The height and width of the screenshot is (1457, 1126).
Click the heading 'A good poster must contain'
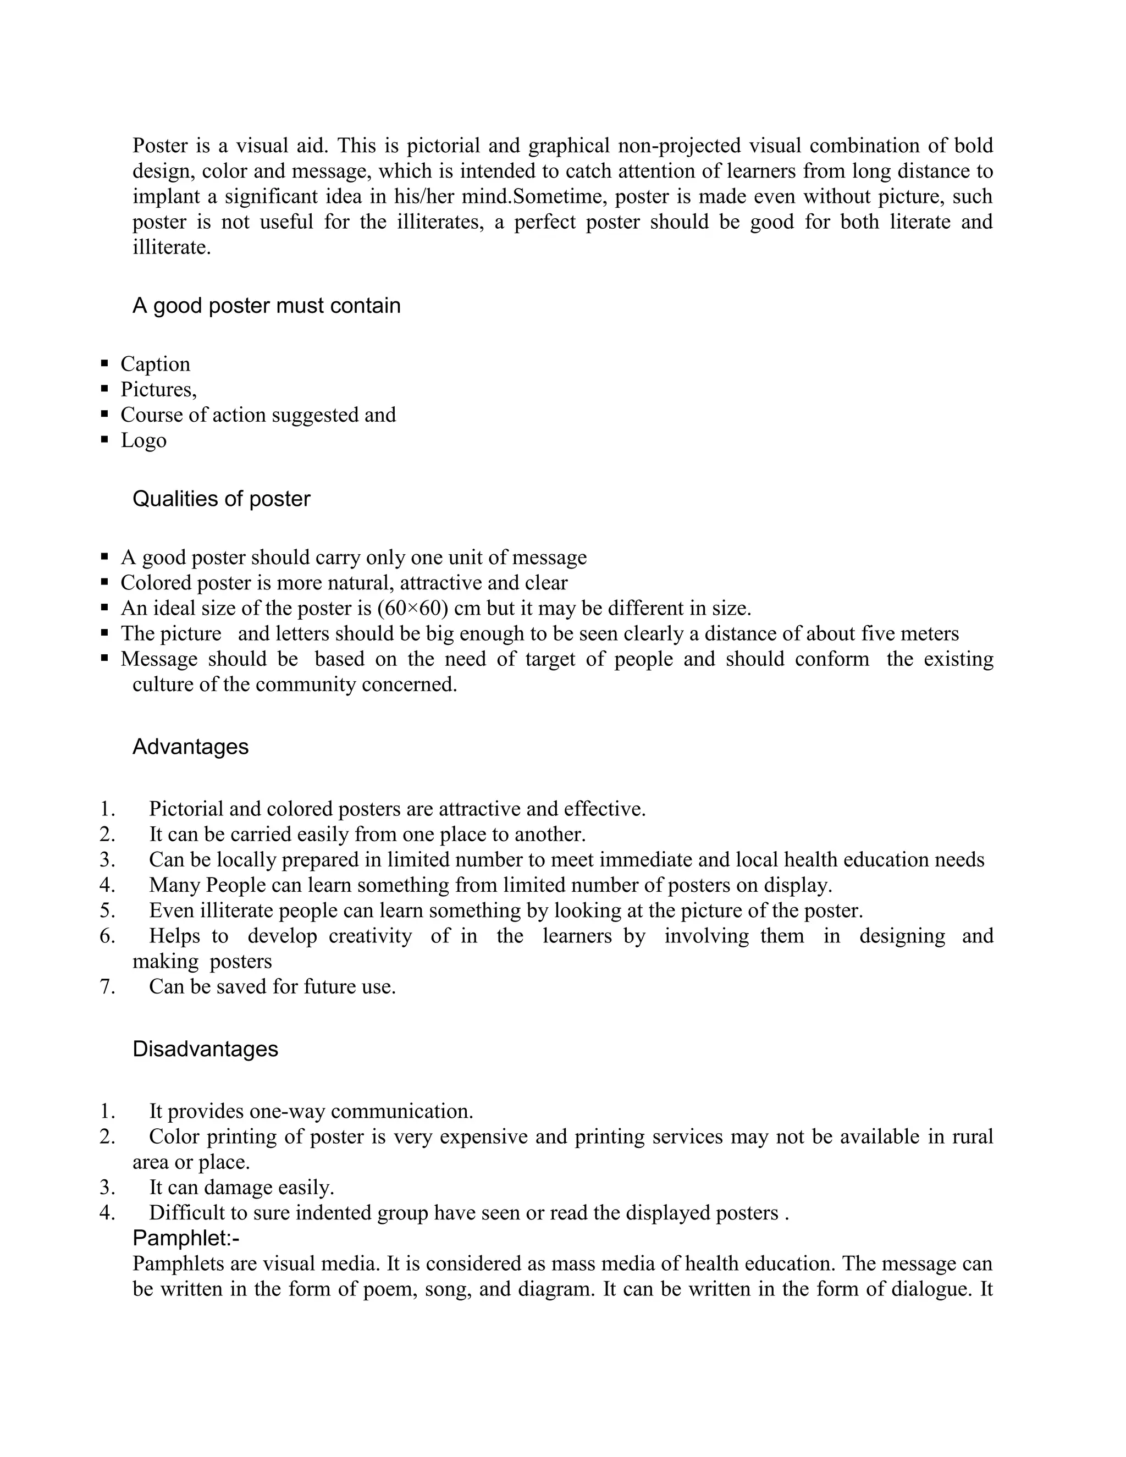(266, 306)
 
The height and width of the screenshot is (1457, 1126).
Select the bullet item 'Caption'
(154, 363)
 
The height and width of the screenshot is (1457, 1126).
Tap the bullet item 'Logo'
(143, 440)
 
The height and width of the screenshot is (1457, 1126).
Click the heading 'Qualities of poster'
(222, 499)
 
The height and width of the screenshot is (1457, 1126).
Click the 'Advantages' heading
(190, 747)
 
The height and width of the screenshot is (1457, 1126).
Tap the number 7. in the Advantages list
(107, 987)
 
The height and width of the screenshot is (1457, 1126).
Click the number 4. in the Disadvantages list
(107, 1213)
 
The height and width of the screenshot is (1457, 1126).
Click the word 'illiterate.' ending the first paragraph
(172, 247)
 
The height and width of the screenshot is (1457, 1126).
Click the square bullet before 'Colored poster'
(104, 582)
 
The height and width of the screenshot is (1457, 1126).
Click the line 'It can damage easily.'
(241, 1188)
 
